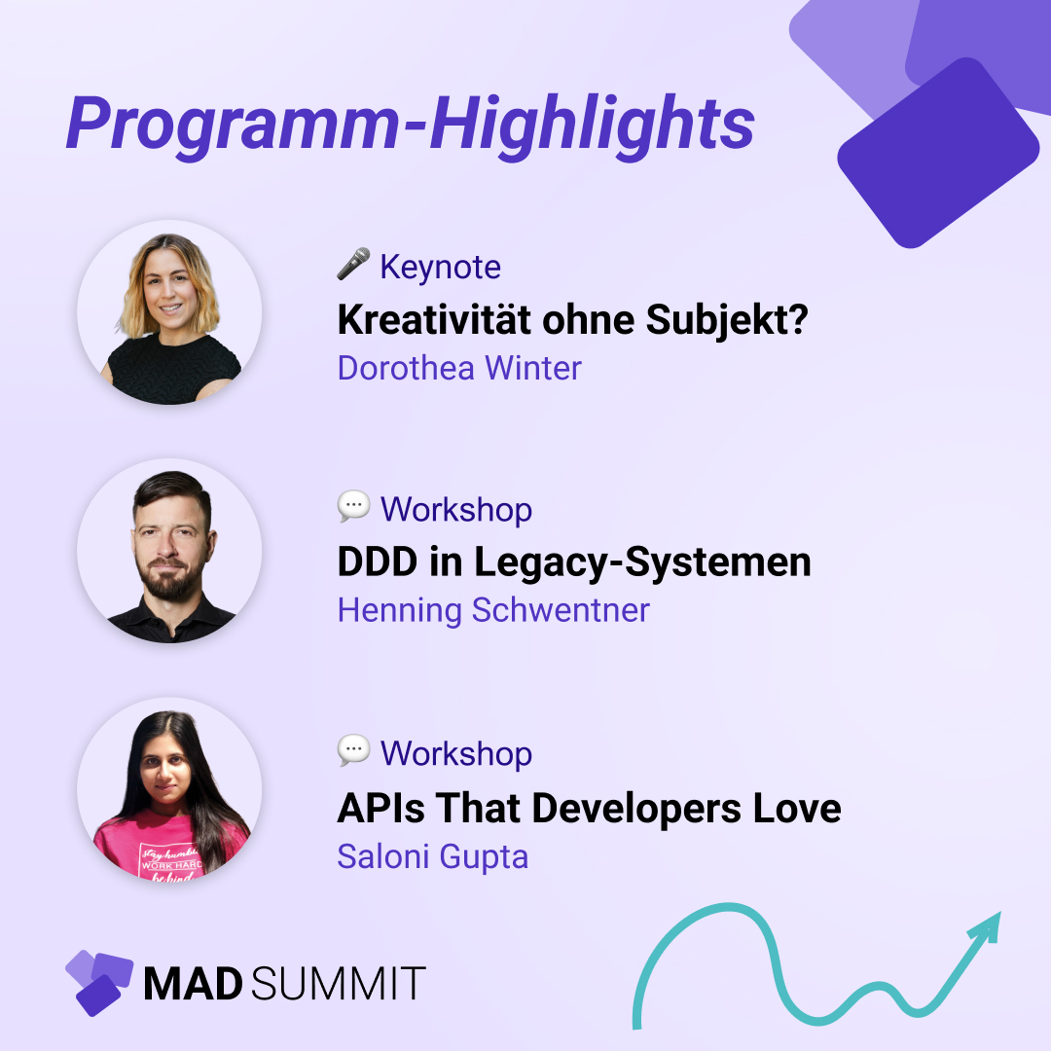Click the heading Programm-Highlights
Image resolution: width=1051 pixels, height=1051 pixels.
point(410,124)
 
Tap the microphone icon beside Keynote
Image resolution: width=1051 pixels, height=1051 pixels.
point(353,265)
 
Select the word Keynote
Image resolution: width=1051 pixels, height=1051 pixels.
point(440,267)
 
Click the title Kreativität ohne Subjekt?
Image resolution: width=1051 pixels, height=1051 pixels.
point(572,319)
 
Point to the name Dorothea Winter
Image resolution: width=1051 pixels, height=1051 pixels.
point(459,368)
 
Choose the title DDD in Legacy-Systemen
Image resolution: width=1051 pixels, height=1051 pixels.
point(573,562)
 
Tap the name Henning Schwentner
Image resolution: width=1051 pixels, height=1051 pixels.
point(492,610)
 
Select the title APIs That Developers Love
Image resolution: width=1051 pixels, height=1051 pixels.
point(589,808)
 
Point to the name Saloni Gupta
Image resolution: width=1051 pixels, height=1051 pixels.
point(432,856)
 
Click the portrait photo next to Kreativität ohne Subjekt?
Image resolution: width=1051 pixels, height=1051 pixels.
point(169,312)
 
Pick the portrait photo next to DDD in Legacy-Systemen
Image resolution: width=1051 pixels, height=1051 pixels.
point(169,551)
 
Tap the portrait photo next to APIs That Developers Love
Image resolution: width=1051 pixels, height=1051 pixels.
point(169,795)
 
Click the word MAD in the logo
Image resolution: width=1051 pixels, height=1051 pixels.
point(193,984)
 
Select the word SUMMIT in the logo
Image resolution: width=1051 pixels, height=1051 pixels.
point(338,984)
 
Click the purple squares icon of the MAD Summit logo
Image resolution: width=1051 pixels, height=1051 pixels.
point(98,981)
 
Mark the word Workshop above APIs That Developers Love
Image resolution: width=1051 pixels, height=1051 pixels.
point(455,753)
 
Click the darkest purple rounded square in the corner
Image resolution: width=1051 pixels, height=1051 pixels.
point(937,153)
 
